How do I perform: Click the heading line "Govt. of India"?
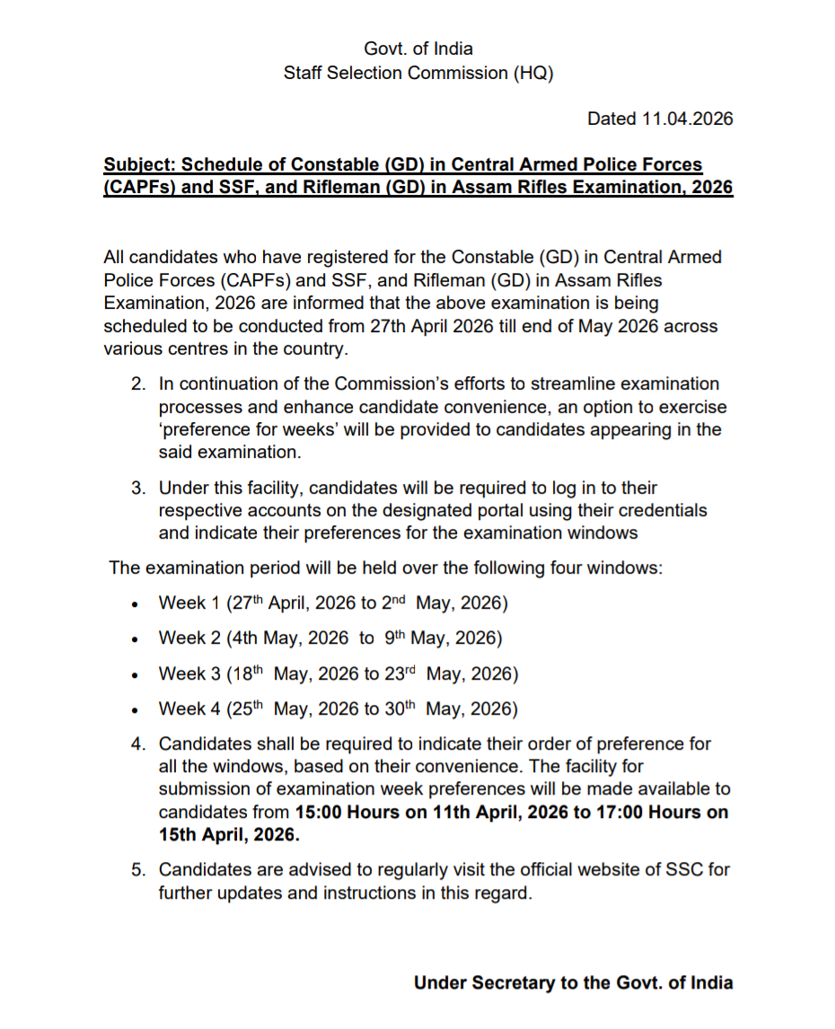(417, 48)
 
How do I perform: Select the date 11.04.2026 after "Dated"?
(687, 119)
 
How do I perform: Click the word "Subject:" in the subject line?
(140, 165)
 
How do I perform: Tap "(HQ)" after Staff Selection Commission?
(532, 73)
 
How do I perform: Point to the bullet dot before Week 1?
(134, 605)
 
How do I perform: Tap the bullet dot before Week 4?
(134, 711)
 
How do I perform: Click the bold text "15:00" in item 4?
(319, 813)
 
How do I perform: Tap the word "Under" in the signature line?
(439, 983)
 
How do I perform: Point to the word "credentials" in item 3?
(660, 511)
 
